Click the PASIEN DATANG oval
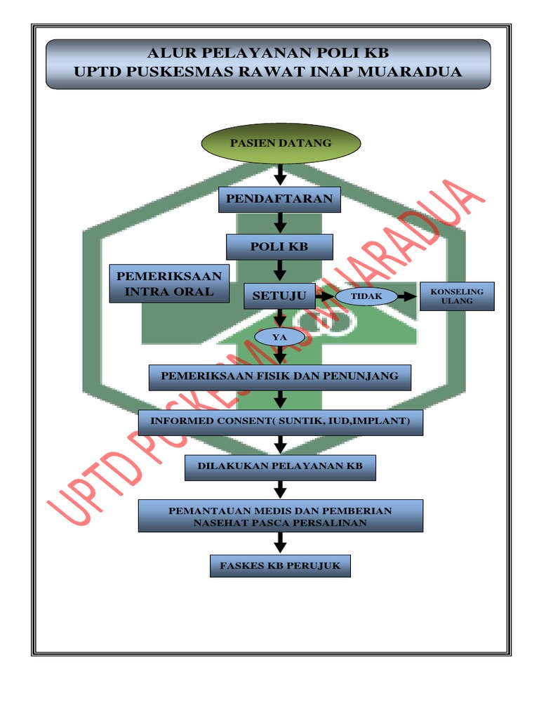click(281, 143)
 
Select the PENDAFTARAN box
click(280, 199)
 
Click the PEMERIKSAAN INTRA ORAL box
click(169, 283)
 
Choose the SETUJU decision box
click(279, 296)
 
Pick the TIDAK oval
click(366, 296)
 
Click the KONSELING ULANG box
click(457, 296)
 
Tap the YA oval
click(280, 338)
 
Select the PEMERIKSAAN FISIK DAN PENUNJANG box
click(279, 376)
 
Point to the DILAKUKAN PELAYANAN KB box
click(280, 466)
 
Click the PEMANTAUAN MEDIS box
click(280, 516)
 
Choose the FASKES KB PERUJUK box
click(280, 565)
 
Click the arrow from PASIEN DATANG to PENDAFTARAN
click(280, 174)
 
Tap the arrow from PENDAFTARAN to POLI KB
click(280, 223)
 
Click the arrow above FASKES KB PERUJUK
click(280, 543)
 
